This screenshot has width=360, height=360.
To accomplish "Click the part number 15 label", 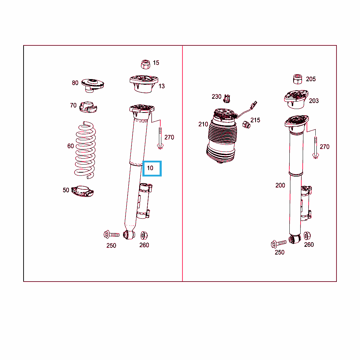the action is point(156,63).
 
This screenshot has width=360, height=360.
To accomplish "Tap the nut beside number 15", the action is point(145,65).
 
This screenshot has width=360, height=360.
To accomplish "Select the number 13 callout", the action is point(162,86).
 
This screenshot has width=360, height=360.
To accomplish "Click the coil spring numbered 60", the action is point(85,150).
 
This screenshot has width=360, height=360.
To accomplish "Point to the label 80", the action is point(75,83).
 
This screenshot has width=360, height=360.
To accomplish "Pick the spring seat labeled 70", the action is point(88,107).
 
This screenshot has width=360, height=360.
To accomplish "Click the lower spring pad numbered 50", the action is point(82,191).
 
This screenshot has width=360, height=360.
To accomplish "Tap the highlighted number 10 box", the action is point(152,168).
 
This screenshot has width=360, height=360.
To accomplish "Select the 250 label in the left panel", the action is point(111,246).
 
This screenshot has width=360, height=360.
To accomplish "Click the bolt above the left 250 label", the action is point(111,234).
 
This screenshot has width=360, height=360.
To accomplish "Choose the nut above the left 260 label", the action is point(144,235).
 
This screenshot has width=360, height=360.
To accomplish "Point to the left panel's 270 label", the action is point(169,137).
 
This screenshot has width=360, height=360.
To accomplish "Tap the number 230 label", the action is point(217,97).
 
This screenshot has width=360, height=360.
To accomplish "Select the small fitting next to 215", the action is point(246,125).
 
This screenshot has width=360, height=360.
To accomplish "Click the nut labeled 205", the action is point(298,79).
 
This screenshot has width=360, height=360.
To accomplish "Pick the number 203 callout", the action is point(314,101).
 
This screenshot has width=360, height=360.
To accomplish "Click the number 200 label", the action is point(280,185).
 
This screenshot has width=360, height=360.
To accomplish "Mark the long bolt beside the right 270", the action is point(316,147).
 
